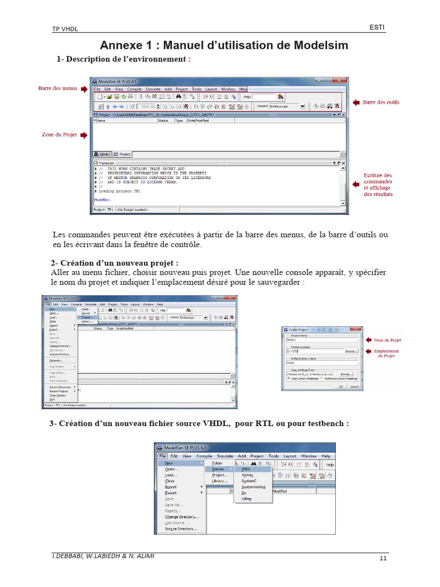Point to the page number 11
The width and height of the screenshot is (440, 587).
click(383, 558)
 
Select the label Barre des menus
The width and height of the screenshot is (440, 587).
click(57, 89)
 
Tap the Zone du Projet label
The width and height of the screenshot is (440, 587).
click(59, 135)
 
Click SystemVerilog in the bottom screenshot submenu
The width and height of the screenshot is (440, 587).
click(253, 487)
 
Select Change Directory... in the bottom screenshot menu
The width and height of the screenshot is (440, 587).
click(182, 516)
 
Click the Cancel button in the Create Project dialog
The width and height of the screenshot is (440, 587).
click(354, 387)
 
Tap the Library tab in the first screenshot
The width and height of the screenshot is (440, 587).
click(103, 154)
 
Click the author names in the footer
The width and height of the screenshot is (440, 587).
click(103, 556)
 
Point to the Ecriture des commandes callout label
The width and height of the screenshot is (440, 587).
click(378, 185)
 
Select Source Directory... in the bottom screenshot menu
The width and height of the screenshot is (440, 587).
click(180, 529)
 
